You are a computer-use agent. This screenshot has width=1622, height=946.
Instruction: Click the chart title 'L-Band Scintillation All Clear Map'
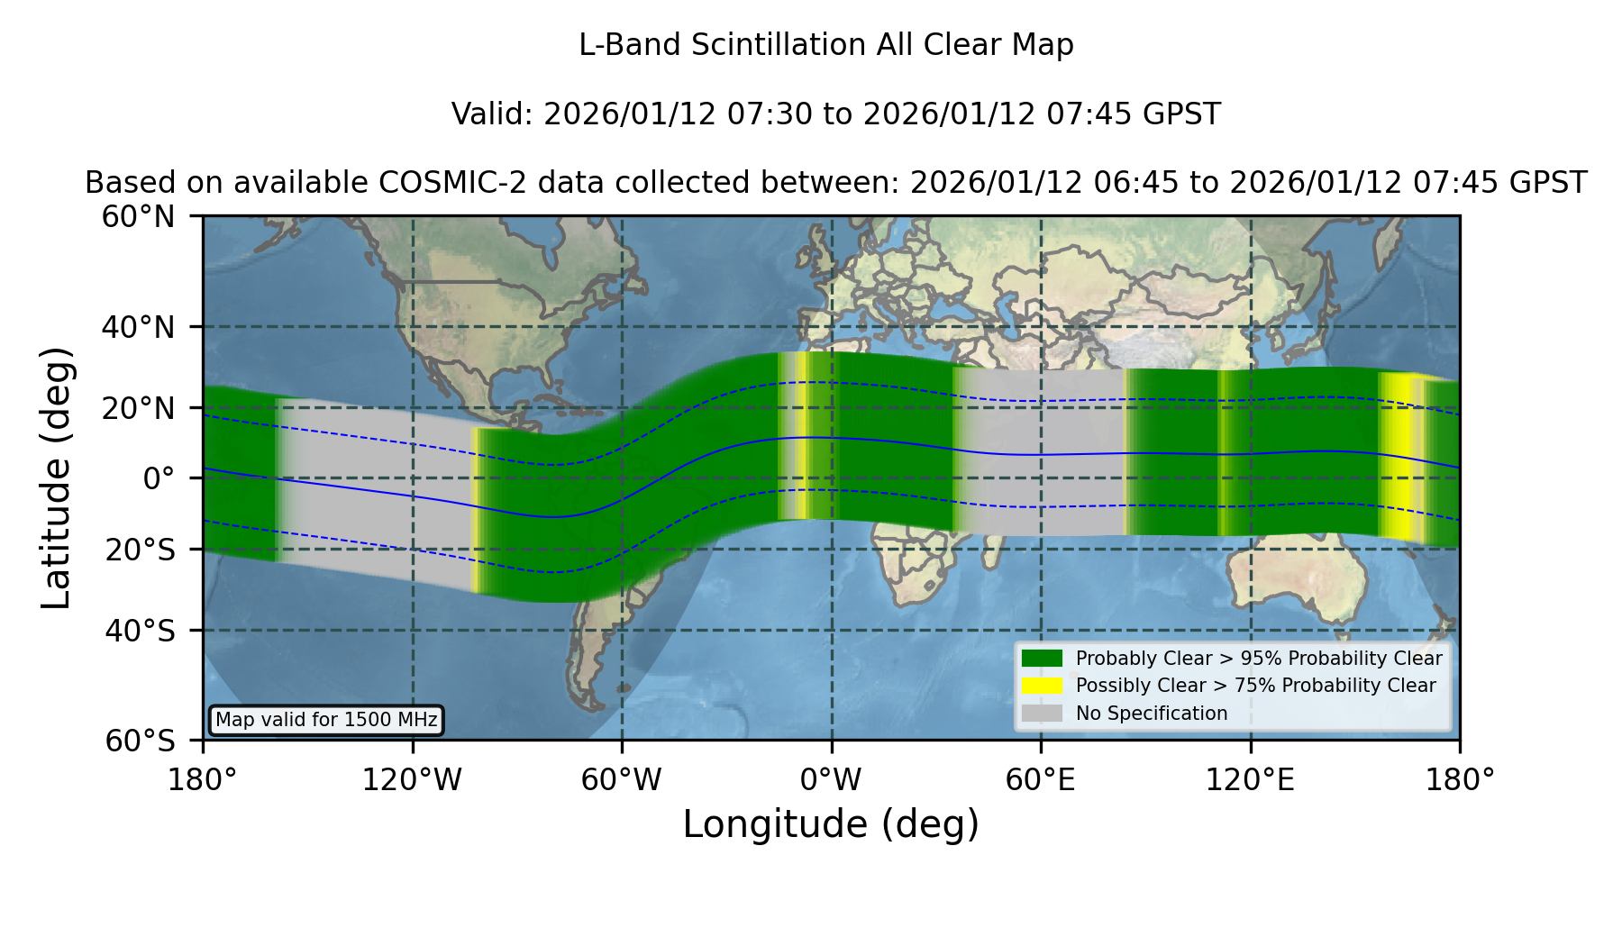825,45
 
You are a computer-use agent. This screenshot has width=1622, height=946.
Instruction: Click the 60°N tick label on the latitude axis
138,216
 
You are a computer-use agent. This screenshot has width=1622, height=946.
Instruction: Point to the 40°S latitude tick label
140,631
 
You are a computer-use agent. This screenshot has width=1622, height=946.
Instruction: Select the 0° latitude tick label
159,478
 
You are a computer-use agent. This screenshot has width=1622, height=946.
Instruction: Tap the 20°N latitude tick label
138,408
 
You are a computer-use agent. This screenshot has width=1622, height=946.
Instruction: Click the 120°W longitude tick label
412,779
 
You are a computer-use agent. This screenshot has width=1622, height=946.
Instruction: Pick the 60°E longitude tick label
1041,779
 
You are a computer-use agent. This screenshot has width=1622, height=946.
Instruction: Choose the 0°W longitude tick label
832,779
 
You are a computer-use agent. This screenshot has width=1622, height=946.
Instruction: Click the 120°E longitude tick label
1251,779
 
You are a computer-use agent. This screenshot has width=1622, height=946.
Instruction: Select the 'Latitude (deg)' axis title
56,478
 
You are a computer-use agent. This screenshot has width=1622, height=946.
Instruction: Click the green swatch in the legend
1042,659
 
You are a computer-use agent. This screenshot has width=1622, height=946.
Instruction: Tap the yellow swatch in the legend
1042,686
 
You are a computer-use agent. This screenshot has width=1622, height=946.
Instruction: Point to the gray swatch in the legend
1042,714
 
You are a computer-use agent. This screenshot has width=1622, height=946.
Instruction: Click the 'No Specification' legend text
1152,714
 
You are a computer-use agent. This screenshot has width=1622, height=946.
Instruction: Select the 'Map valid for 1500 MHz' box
326,720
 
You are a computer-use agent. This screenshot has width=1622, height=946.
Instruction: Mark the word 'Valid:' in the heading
493,114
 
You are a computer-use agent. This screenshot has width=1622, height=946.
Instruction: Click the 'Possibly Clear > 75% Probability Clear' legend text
1256,686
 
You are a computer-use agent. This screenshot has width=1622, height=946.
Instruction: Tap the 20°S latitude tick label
140,550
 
